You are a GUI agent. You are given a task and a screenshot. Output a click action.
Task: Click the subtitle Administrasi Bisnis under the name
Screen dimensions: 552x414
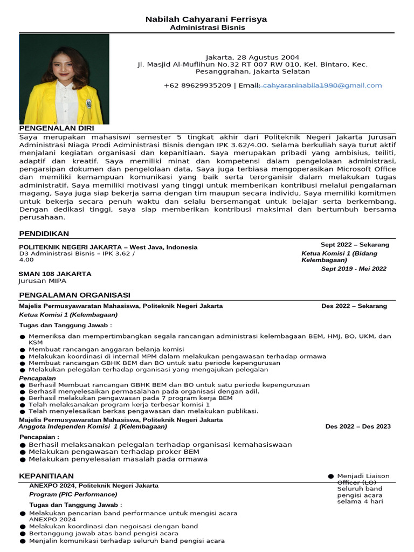pos(207,27)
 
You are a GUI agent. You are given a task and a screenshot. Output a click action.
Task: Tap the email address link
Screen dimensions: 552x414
pos(321,85)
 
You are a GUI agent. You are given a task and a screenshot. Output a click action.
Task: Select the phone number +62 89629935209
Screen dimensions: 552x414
pos(197,85)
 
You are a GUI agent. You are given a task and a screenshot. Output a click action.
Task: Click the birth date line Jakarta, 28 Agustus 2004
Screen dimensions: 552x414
pos(252,57)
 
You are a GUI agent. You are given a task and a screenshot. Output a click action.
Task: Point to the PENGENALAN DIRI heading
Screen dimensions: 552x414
pos(57,128)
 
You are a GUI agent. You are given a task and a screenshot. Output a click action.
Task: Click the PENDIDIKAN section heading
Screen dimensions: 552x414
pos(44,233)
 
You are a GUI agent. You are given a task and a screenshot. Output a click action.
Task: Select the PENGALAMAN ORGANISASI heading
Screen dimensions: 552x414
pos(74,295)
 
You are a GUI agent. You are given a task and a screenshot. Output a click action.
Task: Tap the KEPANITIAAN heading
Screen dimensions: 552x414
pos(46,477)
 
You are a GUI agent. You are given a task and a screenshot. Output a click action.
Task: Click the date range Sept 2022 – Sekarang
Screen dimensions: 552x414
pos(354,245)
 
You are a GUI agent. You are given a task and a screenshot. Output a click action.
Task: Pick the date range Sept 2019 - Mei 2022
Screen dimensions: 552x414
pos(354,268)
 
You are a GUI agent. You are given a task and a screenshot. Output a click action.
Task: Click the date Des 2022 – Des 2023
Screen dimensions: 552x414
pos(358,426)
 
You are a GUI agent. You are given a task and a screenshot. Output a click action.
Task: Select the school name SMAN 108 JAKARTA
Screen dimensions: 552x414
pos(55,274)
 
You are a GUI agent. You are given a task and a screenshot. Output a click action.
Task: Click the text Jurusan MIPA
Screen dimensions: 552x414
pos(43,281)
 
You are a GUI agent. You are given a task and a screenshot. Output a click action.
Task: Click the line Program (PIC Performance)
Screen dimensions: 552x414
pos(73,494)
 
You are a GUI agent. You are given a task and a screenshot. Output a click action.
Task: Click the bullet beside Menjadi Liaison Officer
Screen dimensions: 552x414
pos(330,477)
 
